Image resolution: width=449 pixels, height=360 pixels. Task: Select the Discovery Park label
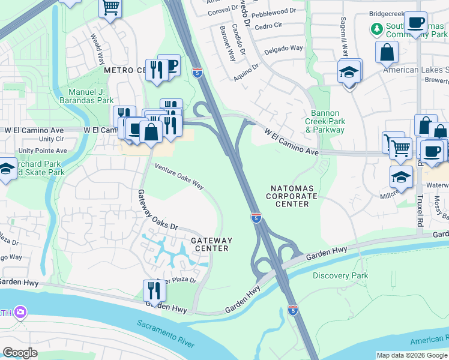click(340, 275)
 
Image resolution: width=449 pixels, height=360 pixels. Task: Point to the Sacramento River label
click(165, 334)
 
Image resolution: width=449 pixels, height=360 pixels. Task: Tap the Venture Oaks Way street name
click(179, 175)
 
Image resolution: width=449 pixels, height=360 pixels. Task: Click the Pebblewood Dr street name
click(274, 11)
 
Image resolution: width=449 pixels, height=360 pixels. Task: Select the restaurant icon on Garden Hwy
click(154, 291)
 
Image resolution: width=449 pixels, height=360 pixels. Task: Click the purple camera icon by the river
click(21, 312)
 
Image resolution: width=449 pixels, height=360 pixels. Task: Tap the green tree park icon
click(376, 28)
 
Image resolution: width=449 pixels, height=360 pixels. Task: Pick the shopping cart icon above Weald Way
click(110, 8)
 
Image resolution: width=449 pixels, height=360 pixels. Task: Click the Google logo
click(20, 353)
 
